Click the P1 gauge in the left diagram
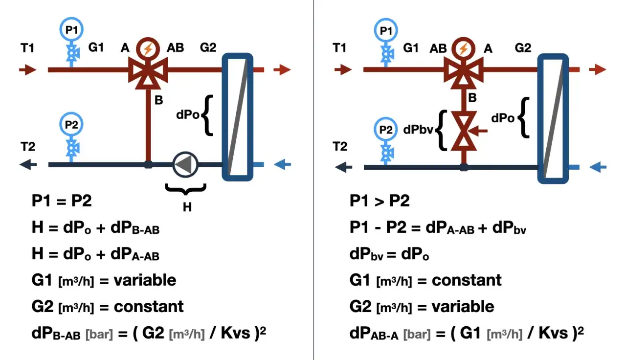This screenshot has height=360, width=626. click(x=71, y=29)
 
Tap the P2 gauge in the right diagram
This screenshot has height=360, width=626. click(x=386, y=129)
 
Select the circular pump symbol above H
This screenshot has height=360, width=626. click(x=185, y=165)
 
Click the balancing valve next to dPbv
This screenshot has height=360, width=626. click(x=464, y=131)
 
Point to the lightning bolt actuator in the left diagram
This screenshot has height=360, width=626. click(x=148, y=49)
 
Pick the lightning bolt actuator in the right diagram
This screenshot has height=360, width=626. click(x=464, y=49)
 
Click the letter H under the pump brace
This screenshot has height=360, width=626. click(x=187, y=207)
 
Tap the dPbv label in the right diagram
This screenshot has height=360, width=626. click(x=418, y=130)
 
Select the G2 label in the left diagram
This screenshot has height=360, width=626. click(x=208, y=47)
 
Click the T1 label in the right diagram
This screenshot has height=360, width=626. click(x=339, y=47)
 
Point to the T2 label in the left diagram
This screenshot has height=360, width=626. click(x=28, y=146)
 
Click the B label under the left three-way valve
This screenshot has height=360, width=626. click(x=159, y=100)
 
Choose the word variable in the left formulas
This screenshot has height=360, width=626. click(x=145, y=280)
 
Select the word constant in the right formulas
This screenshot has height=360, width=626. click(x=467, y=280)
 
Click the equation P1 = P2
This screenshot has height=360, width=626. click(x=62, y=201)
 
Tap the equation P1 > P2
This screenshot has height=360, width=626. click(x=380, y=201)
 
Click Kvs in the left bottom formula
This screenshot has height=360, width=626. click(x=235, y=333)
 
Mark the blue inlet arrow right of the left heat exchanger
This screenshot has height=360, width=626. click(x=283, y=164)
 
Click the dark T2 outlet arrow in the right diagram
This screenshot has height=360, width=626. click(x=343, y=167)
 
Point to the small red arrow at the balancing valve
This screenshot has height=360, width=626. click(x=478, y=131)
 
